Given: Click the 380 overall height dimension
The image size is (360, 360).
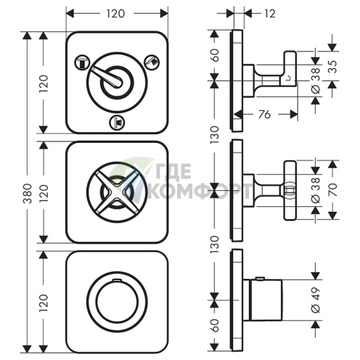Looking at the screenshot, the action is [x=28, y=193].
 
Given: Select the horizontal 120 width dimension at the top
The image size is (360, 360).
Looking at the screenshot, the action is [x=116, y=14].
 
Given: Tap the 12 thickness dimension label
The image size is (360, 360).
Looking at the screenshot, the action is [x=270, y=14].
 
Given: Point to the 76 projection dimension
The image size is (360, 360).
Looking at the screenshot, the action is [x=264, y=115].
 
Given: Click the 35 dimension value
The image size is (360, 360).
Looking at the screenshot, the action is [x=333, y=67].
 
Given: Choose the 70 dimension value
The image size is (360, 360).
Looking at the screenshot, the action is [x=333, y=189].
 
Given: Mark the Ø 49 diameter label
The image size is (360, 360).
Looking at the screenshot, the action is [x=316, y=300].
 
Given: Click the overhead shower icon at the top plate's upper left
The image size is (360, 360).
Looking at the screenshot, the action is [x=82, y=62].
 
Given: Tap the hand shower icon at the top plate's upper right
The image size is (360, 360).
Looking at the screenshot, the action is [x=152, y=62].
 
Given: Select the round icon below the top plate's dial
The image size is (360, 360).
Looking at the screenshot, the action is [x=117, y=122].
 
